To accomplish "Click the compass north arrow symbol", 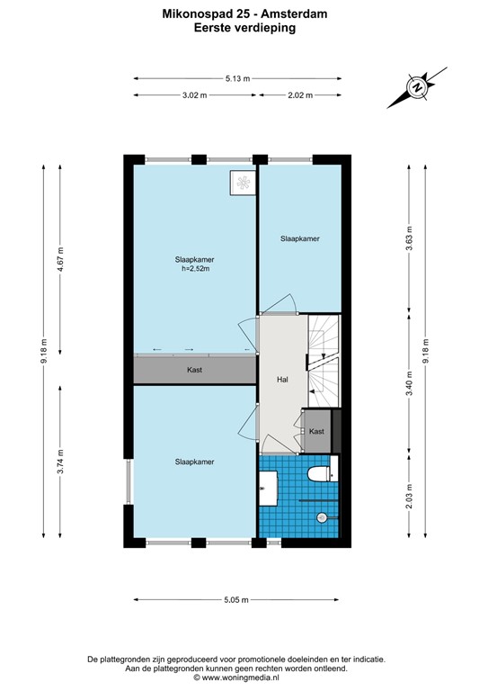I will coord(416,88).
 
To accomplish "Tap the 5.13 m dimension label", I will coord(239,78).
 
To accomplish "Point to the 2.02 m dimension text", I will coord(299,94).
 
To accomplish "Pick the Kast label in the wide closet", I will coord(194,370).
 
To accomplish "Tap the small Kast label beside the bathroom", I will coord(315,432).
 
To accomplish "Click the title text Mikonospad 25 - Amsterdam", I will coord(244,13).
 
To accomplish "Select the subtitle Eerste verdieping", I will coord(244,28).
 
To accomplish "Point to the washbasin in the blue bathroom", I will coord(266,491).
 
